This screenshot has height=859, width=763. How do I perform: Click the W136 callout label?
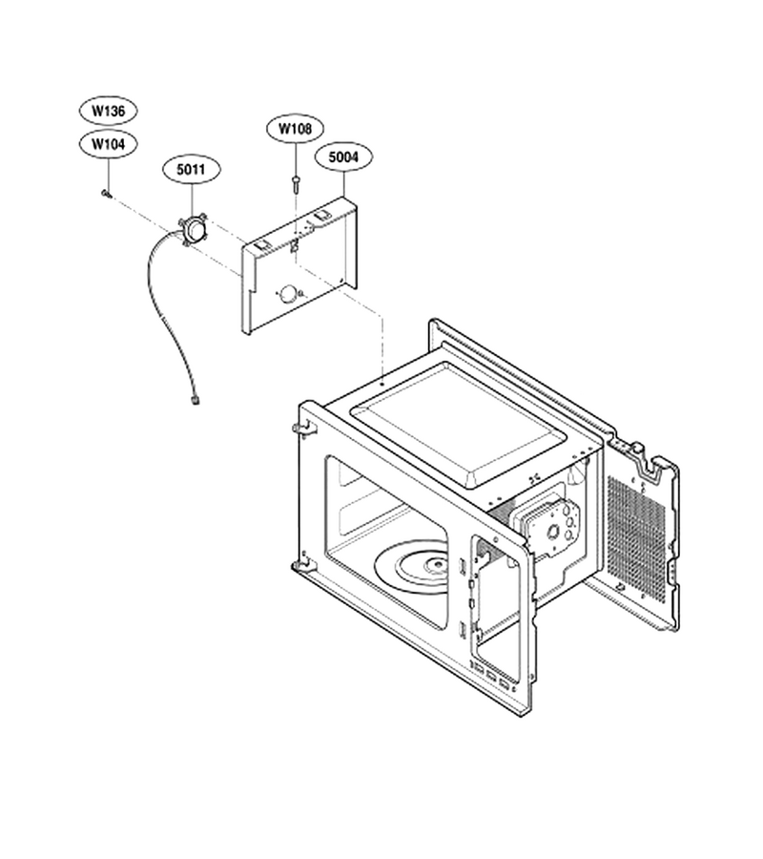tap(108, 112)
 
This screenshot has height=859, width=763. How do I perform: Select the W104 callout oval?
tap(108, 145)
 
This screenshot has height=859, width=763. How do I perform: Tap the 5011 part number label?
tap(191, 170)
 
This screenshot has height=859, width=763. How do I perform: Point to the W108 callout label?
tap(295, 129)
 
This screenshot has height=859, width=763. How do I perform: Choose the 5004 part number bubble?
tap(343, 157)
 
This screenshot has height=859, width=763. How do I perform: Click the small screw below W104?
tap(107, 194)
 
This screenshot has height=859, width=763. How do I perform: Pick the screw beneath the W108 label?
tap(296, 183)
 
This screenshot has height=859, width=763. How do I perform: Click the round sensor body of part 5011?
tap(194, 229)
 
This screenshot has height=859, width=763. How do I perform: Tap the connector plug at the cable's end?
tap(195, 402)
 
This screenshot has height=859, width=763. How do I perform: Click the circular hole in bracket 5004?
tap(287, 295)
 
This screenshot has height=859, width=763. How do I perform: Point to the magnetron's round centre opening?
tap(554, 531)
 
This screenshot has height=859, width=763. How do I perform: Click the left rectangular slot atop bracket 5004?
tap(262, 245)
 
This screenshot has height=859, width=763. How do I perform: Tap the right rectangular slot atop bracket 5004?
tap(321, 218)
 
